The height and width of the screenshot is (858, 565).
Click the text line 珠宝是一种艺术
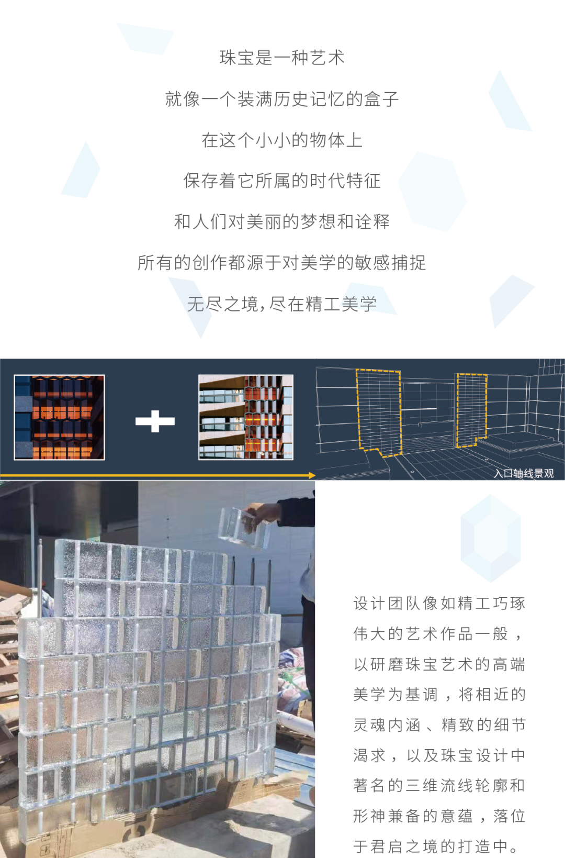coord(282,58)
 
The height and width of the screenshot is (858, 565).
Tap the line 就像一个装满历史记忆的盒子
coord(282,99)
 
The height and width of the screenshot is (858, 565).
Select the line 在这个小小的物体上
coord(282,140)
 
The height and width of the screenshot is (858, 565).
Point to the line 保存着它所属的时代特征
coord(282,181)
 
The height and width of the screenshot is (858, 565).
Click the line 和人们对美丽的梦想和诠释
coord(282,221)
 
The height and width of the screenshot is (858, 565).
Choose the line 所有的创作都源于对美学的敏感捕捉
coord(282,262)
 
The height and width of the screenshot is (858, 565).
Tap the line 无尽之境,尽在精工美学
coord(282,304)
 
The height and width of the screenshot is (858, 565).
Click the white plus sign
coord(155,421)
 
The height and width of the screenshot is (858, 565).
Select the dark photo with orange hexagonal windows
coord(59,417)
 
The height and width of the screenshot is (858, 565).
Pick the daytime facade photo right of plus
coord(246,417)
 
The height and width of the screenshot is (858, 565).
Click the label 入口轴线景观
coord(523,473)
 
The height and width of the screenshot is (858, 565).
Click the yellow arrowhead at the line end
coord(312,475)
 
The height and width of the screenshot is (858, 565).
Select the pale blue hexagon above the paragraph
coord(491,538)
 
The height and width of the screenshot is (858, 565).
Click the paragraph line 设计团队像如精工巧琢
coord(439,603)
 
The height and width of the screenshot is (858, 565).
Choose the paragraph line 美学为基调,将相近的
coord(439,694)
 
